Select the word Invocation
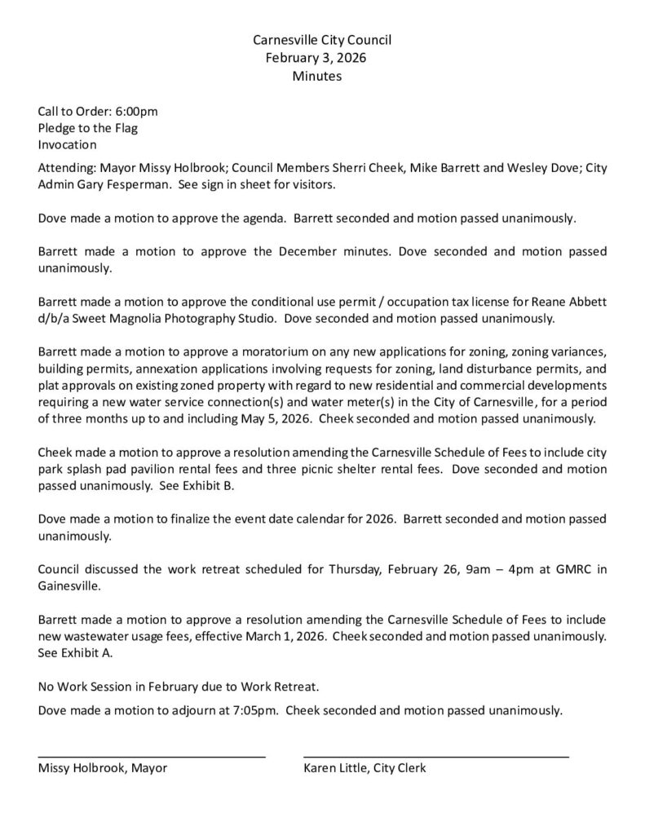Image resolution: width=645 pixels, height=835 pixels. (68, 145)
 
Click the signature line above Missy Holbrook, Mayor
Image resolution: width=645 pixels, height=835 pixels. (152, 758)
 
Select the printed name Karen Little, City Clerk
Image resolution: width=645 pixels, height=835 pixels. (364, 768)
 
